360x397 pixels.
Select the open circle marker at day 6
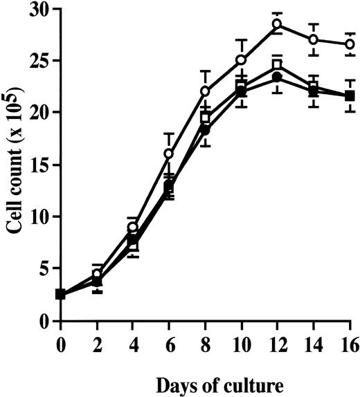coord(169,154)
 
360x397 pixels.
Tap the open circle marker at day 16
coord(350,44)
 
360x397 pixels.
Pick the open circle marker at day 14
coord(314,39)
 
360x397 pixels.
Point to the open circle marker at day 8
coord(205,91)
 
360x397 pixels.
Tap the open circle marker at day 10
coord(241,60)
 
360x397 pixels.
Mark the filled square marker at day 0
coord(61,294)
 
